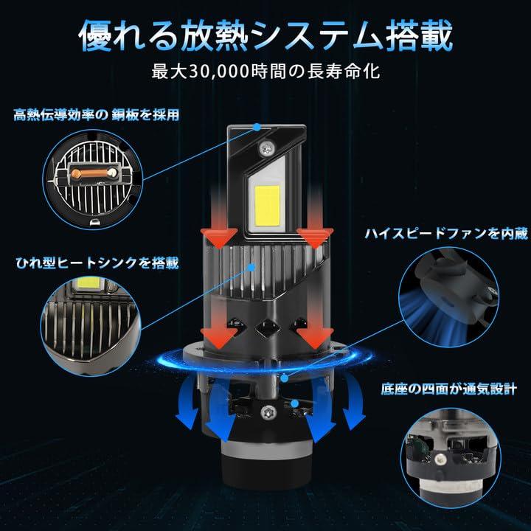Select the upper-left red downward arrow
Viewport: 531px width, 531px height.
pos(220,224)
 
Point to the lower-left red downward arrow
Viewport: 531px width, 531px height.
pos(220,330)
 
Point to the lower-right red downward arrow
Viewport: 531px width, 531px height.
pos(312,330)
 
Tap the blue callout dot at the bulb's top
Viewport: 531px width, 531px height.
pos(256,127)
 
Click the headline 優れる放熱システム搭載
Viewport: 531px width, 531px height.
pos(265,35)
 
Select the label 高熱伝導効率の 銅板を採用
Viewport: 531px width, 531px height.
pos(96,115)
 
